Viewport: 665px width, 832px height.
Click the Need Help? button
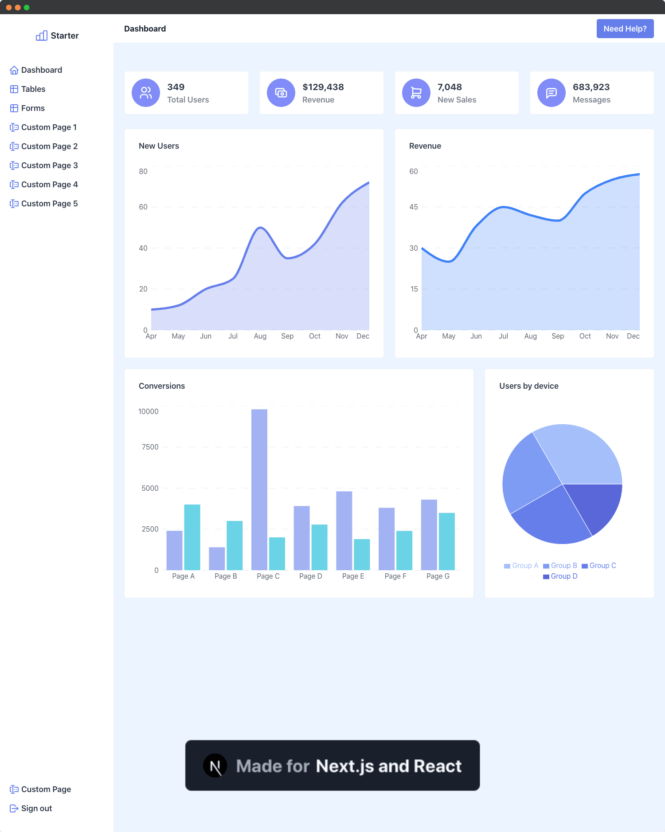625,29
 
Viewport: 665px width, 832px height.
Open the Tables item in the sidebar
33,89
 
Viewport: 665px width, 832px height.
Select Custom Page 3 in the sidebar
49,166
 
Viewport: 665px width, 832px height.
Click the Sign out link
36,808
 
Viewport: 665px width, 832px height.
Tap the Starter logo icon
42,36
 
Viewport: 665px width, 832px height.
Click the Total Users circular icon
146,93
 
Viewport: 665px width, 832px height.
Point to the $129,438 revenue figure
323,87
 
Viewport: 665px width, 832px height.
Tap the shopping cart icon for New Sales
416,93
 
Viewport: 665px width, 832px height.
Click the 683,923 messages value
591,87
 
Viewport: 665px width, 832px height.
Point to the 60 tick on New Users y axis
143,207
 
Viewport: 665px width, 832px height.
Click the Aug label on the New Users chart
260,336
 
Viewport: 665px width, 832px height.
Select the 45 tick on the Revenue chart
413,207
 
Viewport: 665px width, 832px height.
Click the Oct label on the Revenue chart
585,336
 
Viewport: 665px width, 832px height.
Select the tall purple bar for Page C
259,488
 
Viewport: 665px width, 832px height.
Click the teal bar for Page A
192,537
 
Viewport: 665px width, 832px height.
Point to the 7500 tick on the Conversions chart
150,447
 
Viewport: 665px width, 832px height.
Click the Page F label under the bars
395,576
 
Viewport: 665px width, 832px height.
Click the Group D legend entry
560,576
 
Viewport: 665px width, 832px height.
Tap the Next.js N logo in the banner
215,766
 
